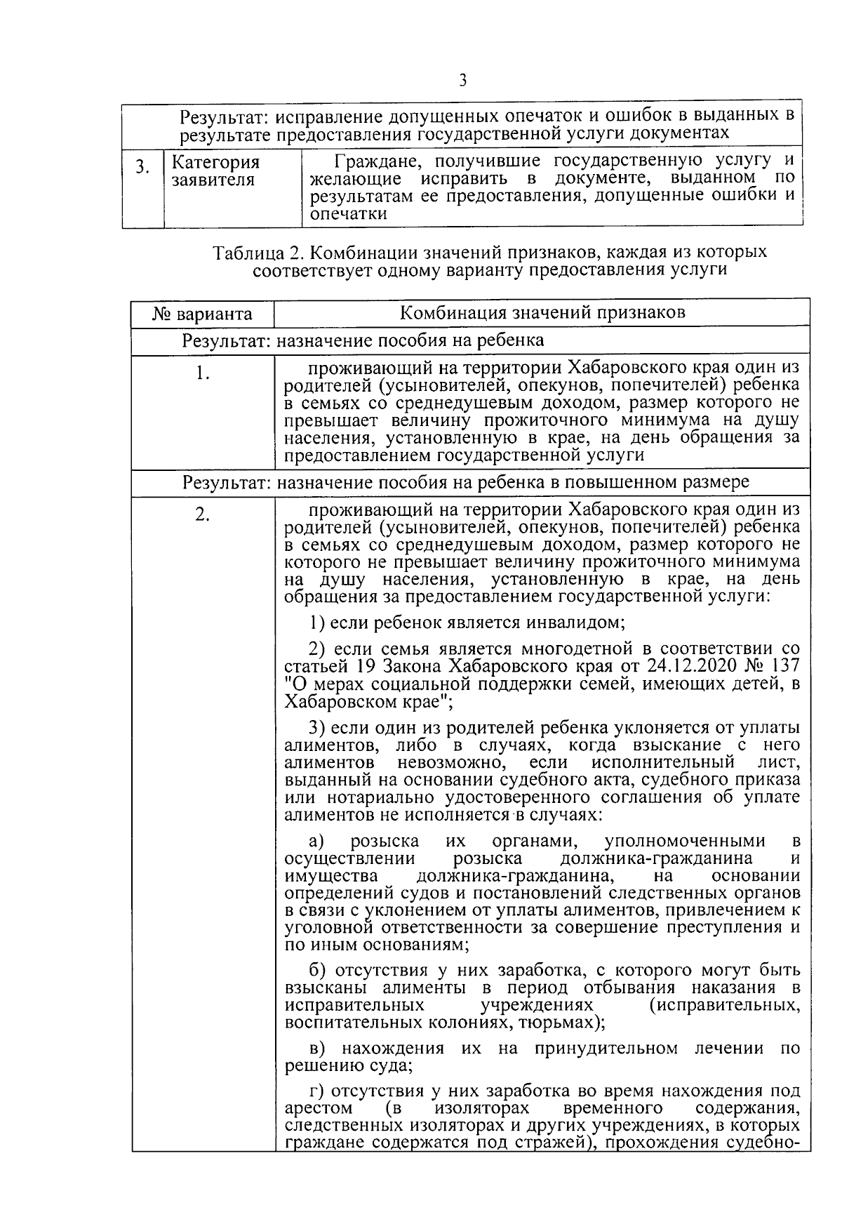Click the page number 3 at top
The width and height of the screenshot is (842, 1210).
tap(462, 80)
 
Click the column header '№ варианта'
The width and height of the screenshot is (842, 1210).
tap(202, 314)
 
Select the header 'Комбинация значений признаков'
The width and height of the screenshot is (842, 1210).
tap(542, 312)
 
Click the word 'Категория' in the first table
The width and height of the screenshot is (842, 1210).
tap(216, 163)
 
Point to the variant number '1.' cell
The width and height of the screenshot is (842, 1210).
tap(202, 373)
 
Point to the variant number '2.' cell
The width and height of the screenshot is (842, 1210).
tap(202, 515)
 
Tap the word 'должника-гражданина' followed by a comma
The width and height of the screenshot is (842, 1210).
tap(517, 876)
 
